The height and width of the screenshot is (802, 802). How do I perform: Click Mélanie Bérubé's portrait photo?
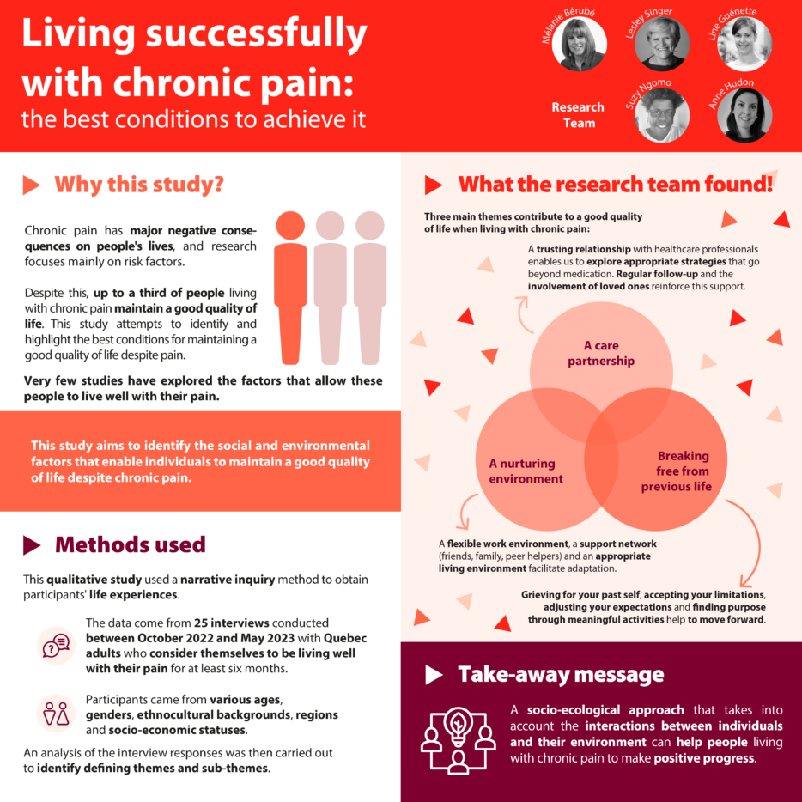tap(580, 45)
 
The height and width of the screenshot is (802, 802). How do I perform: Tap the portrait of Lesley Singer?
tap(661, 44)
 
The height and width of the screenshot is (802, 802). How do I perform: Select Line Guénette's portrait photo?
tap(744, 44)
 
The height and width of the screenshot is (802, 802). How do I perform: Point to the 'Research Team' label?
tap(578, 115)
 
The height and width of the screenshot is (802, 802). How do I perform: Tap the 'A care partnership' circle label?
tap(601, 354)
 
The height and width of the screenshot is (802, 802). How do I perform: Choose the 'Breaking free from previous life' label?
tap(682, 471)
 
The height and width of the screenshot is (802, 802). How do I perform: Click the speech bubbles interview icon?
tap(56, 645)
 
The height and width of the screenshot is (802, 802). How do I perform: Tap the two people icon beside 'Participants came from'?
tap(56, 713)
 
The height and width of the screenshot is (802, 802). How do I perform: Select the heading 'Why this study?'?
tap(139, 185)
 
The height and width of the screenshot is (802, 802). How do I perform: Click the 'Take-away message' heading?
tap(561, 675)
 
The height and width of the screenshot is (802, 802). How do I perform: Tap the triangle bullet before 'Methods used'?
tap(32, 545)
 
